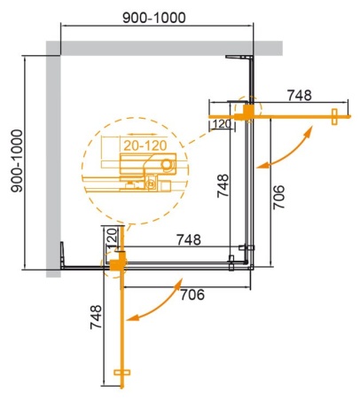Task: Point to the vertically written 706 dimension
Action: [278, 189]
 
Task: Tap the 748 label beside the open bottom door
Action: [96, 338]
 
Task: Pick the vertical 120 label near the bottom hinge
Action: [111, 239]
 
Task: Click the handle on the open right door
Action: [334, 114]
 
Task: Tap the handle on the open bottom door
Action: [123, 375]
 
